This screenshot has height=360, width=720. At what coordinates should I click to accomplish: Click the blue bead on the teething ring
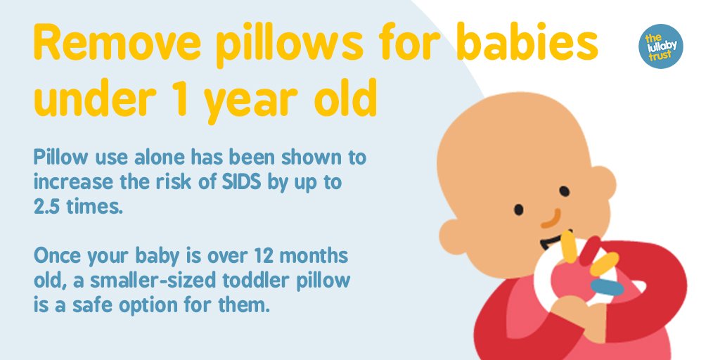pos(605,287)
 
